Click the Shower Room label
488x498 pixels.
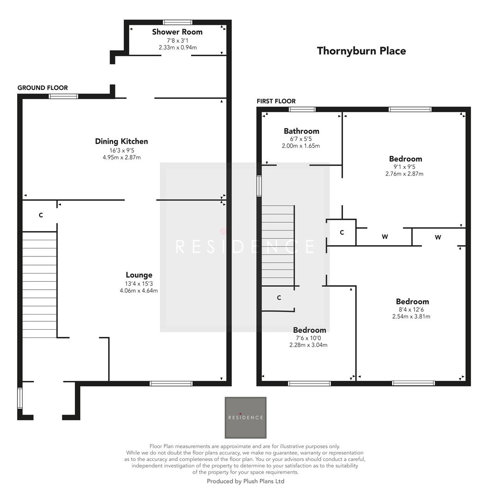(177, 32)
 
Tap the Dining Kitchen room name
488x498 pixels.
(121, 141)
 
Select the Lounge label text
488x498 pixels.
(139, 275)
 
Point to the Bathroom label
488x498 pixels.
(301, 131)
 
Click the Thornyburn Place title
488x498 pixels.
(361, 51)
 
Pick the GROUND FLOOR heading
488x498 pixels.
(42, 88)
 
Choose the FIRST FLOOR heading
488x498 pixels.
(276, 101)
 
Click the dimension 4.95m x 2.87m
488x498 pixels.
(121, 157)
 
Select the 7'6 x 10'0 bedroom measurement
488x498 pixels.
(309, 338)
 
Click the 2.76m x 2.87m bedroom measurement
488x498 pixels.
(404, 174)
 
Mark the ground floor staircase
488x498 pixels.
(39, 284)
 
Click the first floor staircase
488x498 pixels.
(278, 245)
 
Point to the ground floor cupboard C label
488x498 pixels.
(41, 215)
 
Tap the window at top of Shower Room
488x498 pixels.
(178, 22)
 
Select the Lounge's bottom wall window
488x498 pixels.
(171, 383)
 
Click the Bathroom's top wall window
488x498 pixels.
(302, 109)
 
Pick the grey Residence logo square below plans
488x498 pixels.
(245, 417)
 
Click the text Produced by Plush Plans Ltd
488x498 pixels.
(245, 481)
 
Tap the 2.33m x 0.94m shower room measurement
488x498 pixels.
(177, 47)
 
